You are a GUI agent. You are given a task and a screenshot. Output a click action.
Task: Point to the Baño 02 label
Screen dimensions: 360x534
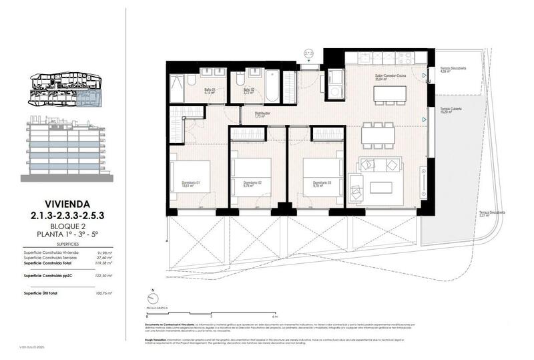249,90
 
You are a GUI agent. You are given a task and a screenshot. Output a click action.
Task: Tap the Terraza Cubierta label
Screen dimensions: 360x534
453,110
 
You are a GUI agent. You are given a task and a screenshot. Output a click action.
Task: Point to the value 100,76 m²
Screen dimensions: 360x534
103,293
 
